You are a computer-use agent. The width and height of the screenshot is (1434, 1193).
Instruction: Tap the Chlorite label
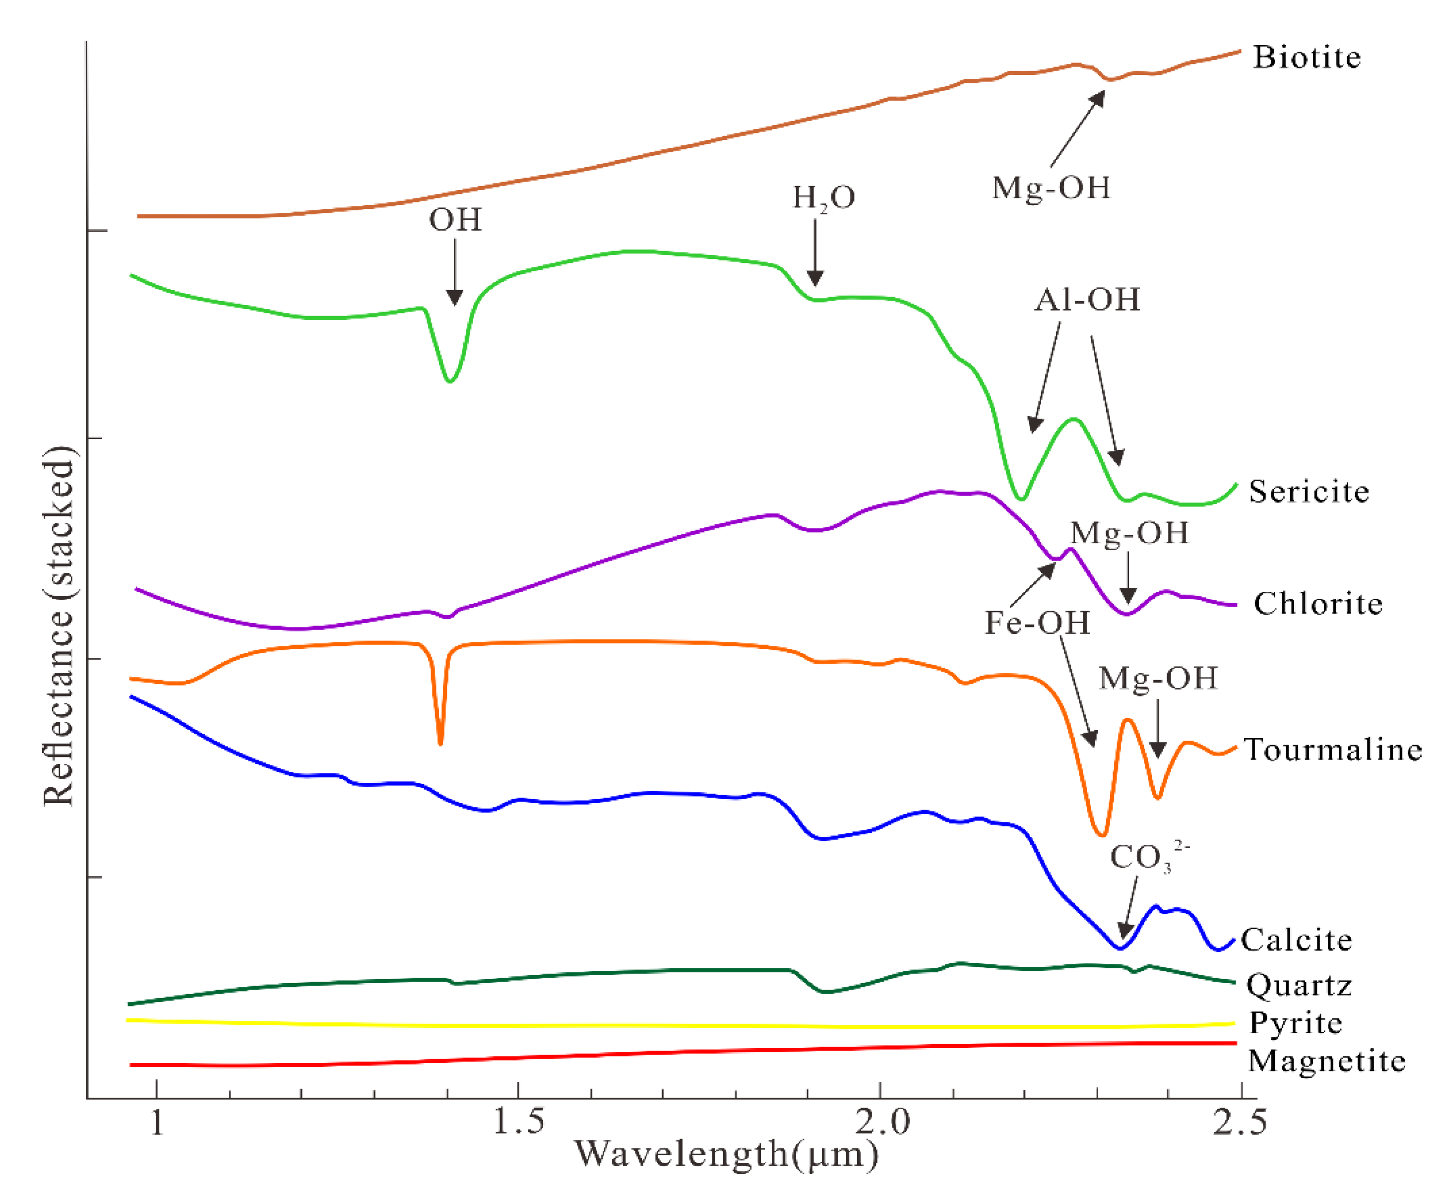(x=1317, y=604)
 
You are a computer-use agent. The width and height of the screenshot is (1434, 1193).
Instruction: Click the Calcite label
(x=1296, y=941)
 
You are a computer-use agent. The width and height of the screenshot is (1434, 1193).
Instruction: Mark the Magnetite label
(x=1326, y=1061)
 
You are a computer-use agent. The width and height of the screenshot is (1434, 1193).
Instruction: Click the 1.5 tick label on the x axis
(x=518, y=1122)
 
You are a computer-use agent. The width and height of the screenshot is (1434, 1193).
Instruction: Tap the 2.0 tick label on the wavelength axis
(x=881, y=1122)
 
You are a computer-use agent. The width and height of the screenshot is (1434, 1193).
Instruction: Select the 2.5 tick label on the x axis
(x=1240, y=1122)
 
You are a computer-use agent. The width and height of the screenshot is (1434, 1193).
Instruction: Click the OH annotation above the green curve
(x=455, y=220)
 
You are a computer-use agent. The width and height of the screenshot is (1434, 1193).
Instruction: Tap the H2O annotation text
(x=823, y=198)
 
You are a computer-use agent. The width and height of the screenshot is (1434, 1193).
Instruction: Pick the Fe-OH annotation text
(x=1037, y=623)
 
